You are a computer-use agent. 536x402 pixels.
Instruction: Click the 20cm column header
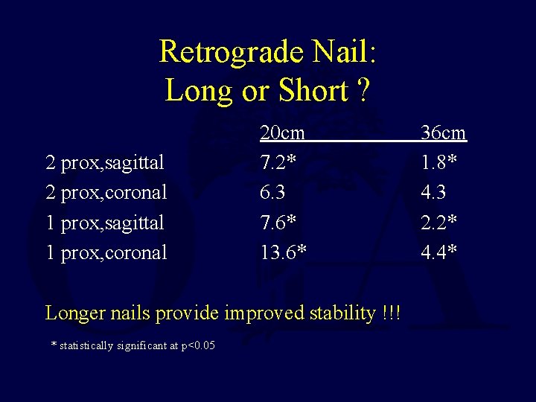click(282, 133)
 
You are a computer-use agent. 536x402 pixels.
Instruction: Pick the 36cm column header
click(443, 133)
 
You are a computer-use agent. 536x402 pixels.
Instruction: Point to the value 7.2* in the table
click(278, 163)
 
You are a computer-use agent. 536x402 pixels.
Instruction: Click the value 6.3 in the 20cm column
click(272, 193)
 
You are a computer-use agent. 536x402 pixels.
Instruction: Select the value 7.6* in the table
click(278, 223)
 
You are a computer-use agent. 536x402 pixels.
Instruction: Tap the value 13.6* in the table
click(283, 252)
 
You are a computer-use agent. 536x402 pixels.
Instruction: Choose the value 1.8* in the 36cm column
click(439, 163)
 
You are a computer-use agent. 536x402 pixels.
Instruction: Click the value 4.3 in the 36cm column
click(433, 193)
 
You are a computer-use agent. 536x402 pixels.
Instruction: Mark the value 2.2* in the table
click(439, 223)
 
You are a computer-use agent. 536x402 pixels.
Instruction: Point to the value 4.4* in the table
click(439, 252)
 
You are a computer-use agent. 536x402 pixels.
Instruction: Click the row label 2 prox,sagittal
click(105, 163)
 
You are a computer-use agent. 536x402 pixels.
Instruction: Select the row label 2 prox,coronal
click(106, 193)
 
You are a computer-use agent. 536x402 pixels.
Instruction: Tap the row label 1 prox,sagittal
click(105, 223)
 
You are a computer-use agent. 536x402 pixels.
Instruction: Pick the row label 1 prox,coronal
click(106, 252)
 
